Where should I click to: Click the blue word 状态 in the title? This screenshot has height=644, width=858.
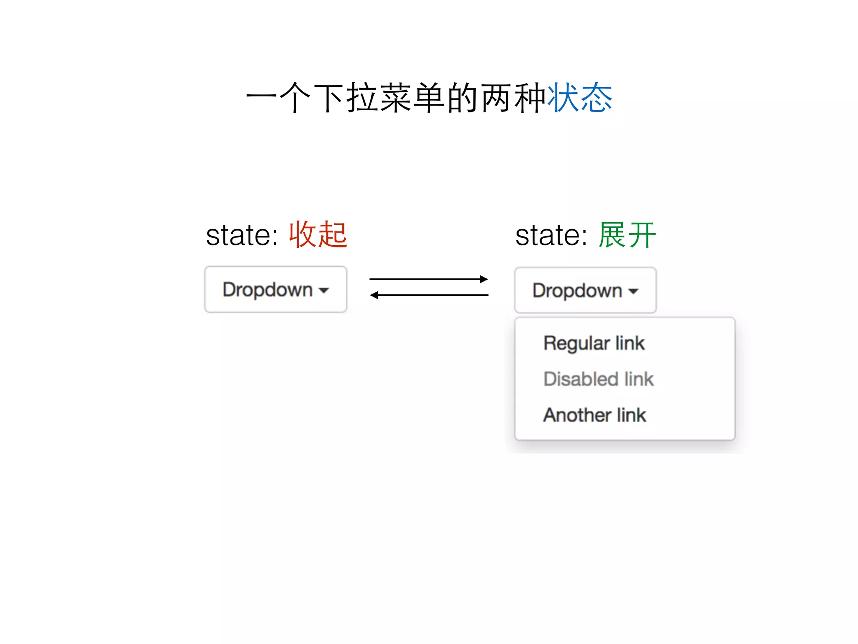pos(580,98)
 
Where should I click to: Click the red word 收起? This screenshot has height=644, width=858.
pos(318,235)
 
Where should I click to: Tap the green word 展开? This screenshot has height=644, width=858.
pos(627,235)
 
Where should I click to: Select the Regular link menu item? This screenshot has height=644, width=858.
pos(594,343)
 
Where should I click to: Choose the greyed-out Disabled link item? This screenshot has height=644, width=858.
pos(598,379)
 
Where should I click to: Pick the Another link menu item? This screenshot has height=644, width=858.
pos(594,415)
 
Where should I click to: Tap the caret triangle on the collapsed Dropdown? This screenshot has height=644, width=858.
pos(324,291)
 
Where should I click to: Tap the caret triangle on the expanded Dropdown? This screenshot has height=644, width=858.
pos(633,291)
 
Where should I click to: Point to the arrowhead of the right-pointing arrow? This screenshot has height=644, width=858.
pos(484,279)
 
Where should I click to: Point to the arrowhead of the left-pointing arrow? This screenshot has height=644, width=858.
pos(374,296)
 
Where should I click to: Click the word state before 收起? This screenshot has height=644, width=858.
pos(242,236)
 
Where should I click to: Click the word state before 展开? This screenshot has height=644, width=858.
pos(551,236)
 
